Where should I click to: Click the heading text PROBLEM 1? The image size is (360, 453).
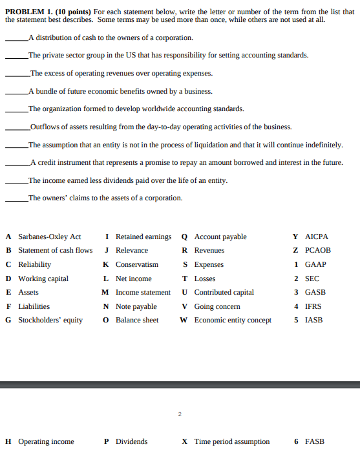26,12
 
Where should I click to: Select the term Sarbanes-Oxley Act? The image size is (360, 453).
49,237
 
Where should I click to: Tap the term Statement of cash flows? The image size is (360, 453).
55,250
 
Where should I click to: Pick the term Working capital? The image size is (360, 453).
43,279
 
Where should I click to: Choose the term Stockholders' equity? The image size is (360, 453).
50,320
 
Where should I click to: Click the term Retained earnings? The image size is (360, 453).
143,237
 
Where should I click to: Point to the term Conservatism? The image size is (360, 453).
136,264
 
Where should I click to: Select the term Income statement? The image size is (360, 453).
143,292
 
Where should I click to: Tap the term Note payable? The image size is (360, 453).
136,306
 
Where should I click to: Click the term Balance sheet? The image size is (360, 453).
136,320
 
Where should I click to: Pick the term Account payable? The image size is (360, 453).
220,237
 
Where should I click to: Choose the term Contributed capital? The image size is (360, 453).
224,292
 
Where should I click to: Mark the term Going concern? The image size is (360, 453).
217,306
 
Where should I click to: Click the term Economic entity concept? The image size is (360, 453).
233,320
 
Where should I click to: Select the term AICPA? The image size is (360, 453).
317,237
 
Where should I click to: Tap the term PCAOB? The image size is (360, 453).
317,250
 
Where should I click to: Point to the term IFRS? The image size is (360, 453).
313,306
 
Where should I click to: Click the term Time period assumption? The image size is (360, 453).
231,441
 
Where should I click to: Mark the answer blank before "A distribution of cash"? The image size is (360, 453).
16,39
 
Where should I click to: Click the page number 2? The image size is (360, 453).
180,414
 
